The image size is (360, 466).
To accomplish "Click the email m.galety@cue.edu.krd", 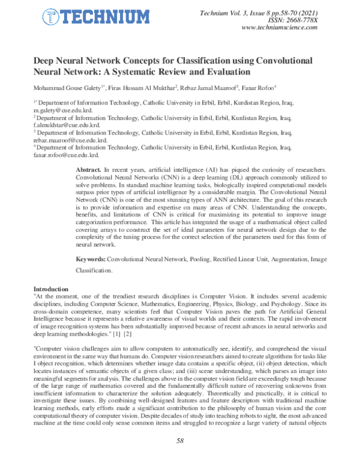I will pos(63,112).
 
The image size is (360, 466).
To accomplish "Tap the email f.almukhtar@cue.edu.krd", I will pos(66,126).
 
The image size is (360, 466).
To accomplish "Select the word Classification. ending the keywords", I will pos(94,271).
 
